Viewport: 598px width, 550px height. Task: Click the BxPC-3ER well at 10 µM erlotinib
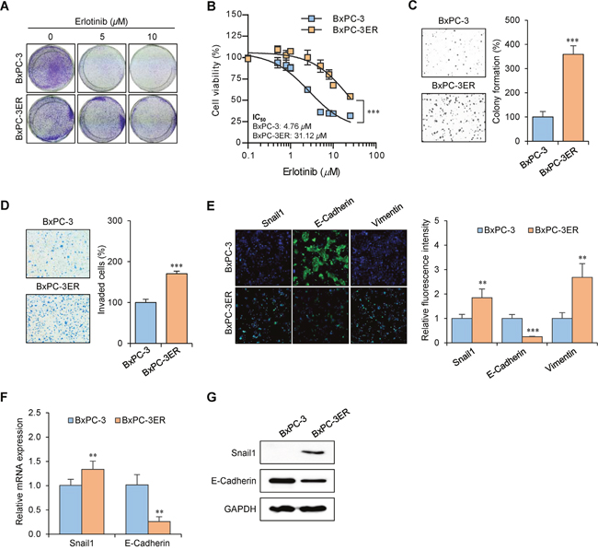153,119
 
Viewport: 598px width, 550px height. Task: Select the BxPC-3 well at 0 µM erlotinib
51,67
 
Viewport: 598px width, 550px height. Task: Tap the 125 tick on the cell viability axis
234,36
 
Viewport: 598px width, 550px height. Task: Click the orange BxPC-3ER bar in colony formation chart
572,98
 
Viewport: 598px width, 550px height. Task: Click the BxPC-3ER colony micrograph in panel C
454,118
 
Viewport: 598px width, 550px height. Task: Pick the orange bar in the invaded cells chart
177,309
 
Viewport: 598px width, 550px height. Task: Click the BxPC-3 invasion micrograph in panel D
58,253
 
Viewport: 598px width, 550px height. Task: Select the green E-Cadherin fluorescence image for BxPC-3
321,258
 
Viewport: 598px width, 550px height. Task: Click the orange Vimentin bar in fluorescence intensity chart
581,310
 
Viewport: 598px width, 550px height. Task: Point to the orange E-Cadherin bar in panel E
532,340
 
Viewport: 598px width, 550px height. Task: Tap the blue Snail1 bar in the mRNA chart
70,509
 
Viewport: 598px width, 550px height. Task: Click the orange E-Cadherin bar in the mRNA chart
159,528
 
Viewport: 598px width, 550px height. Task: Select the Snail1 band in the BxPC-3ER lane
313,452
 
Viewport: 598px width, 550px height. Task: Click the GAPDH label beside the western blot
240,509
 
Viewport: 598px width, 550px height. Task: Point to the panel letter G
212,397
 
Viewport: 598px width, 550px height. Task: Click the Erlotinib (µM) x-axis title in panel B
311,172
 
